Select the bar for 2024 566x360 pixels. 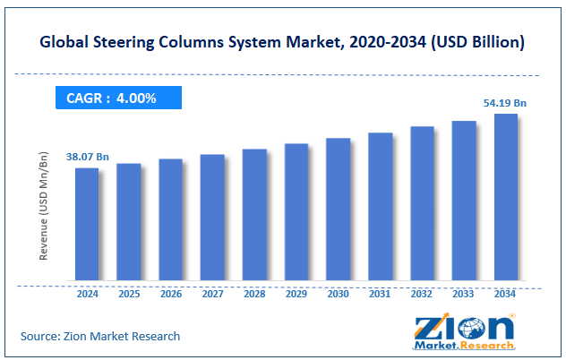pos(87,224)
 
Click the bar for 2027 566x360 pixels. pos(212,217)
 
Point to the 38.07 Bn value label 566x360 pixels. pos(86,158)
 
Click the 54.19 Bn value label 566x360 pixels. pos(506,104)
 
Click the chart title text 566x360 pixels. pos(283,42)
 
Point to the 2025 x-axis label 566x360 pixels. pos(129,293)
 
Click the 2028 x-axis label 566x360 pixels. pos(254,293)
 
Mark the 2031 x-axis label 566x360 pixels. pos(380,293)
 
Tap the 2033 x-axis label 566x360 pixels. pos(464,293)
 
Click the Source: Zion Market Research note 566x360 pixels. pos(100,336)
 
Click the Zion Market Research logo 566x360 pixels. pos(460,332)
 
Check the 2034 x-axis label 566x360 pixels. pos(505,293)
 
